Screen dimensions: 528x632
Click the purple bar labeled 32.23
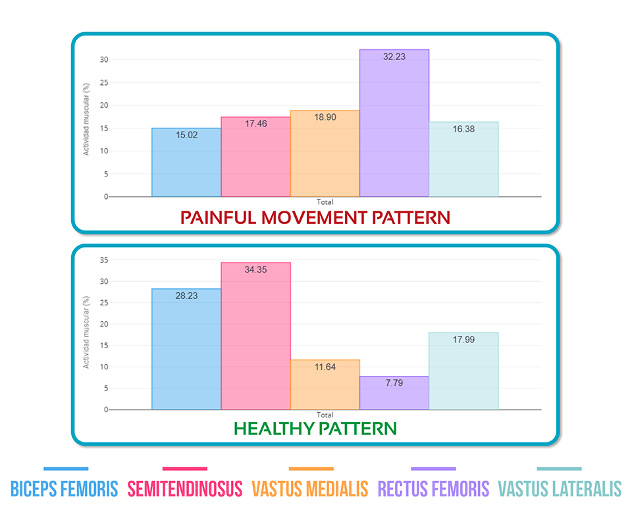pyautogui.click(x=394, y=125)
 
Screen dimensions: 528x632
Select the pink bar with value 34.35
pyautogui.click(x=255, y=336)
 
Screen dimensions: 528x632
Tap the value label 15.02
pyautogui.click(x=186, y=135)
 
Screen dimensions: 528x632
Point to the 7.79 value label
pyautogui.click(x=394, y=383)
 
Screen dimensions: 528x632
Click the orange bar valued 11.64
pyautogui.click(x=325, y=388)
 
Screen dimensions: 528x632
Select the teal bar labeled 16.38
pyautogui.click(x=463, y=161)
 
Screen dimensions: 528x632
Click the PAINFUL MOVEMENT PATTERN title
pyautogui.click(x=315, y=217)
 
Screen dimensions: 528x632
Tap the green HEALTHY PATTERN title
pyautogui.click(x=315, y=429)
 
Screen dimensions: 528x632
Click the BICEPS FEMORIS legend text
pyautogui.click(x=65, y=488)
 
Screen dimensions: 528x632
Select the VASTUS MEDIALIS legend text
pyautogui.click(x=310, y=488)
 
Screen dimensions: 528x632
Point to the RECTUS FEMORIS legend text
pyautogui.click(x=433, y=488)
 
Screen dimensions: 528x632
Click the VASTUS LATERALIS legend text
pyautogui.click(x=560, y=488)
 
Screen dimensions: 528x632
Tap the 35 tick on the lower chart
pyautogui.click(x=103, y=260)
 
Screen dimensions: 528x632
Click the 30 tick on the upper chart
pyautogui.click(x=103, y=60)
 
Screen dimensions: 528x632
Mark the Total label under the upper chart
pyautogui.click(x=325, y=201)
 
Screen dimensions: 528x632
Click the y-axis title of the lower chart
pyautogui.click(x=86, y=332)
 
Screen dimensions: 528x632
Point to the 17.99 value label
pyautogui.click(x=463, y=340)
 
